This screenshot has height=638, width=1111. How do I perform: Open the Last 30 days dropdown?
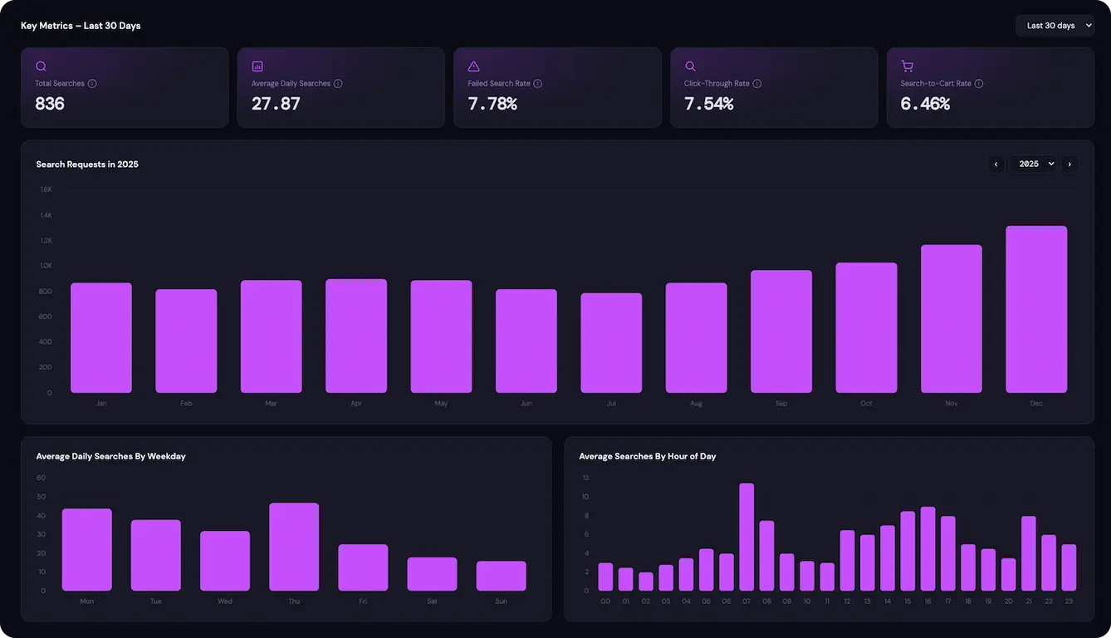pos(1055,26)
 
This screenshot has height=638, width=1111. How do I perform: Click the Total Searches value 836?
pos(50,104)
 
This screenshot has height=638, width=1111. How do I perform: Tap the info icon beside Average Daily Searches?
pos(338,84)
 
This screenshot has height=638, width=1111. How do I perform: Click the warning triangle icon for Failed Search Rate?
pos(473,66)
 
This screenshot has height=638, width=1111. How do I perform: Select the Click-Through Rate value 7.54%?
pos(708,104)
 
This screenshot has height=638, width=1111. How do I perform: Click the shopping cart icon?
pos(907,66)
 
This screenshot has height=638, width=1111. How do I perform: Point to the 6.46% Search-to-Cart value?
pos(925,104)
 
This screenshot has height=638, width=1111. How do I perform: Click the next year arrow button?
pos(1069,164)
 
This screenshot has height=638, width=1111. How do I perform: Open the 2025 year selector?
pos(1035,164)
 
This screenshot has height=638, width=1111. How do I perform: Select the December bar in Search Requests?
pos(1036,309)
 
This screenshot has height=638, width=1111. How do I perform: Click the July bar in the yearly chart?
pos(611,343)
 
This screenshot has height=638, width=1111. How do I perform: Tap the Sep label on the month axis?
pos(781,404)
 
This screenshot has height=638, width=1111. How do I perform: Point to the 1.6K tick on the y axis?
pos(46,189)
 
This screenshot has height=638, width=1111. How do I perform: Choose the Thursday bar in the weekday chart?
pos(294,547)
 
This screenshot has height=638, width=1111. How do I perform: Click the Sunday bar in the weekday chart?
pos(501,576)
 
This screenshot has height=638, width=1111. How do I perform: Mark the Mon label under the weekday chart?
pos(86,601)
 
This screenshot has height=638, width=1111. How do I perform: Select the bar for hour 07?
pos(746,537)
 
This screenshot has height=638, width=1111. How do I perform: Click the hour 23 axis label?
pos(1069,601)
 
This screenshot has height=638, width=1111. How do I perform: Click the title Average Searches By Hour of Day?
pos(647,456)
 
